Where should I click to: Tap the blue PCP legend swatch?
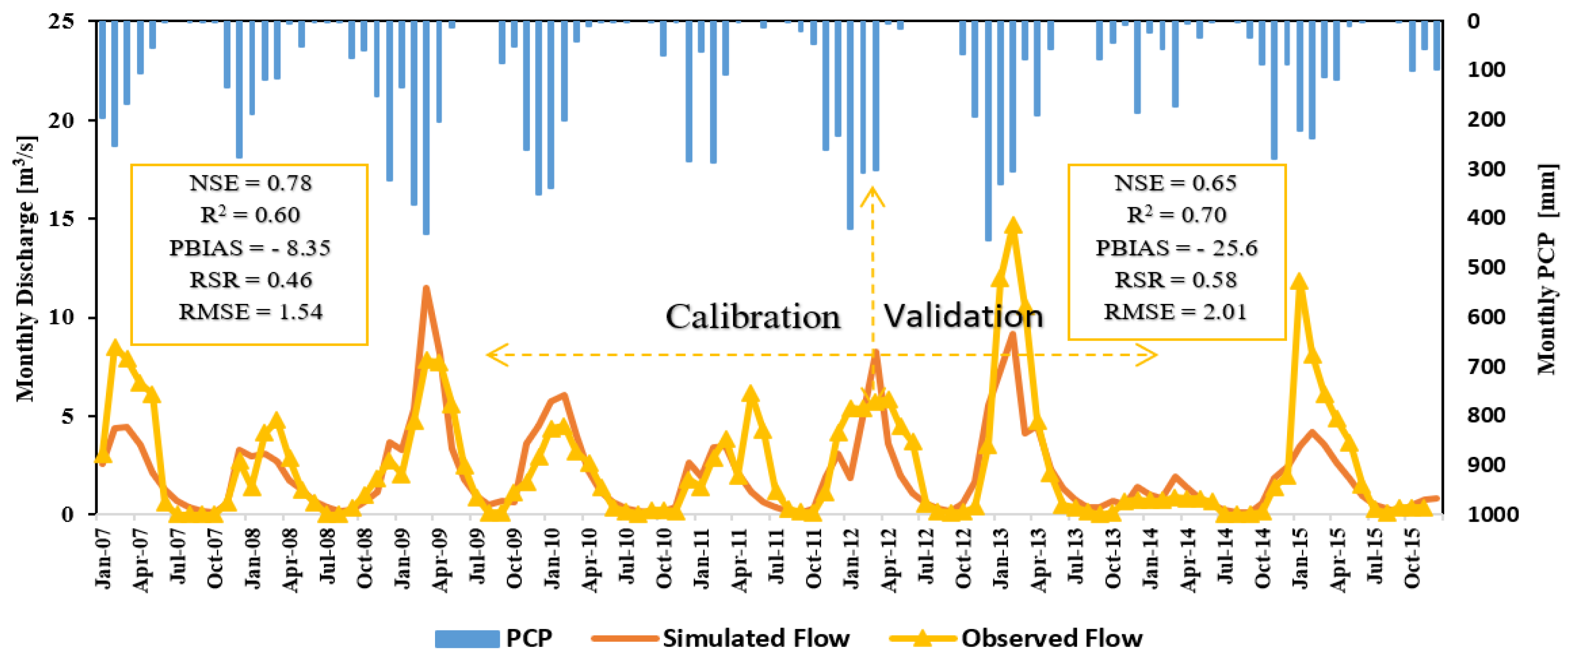coord(467,638)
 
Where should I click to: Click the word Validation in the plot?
coord(963,316)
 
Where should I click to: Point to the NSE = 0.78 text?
coord(250,183)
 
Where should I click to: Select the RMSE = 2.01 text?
coord(1175,312)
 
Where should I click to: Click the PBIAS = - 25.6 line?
coord(1176,248)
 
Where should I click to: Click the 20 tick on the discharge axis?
coord(61,120)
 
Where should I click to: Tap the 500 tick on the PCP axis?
coord(1486,267)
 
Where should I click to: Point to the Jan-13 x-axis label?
coord(1002,559)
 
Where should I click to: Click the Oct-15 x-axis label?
coord(1412,559)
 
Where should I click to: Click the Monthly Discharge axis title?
coord(26,269)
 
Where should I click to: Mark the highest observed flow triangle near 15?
coord(1013,227)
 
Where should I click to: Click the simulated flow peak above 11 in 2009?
coord(426,288)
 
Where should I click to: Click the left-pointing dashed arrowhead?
coord(496,355)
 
